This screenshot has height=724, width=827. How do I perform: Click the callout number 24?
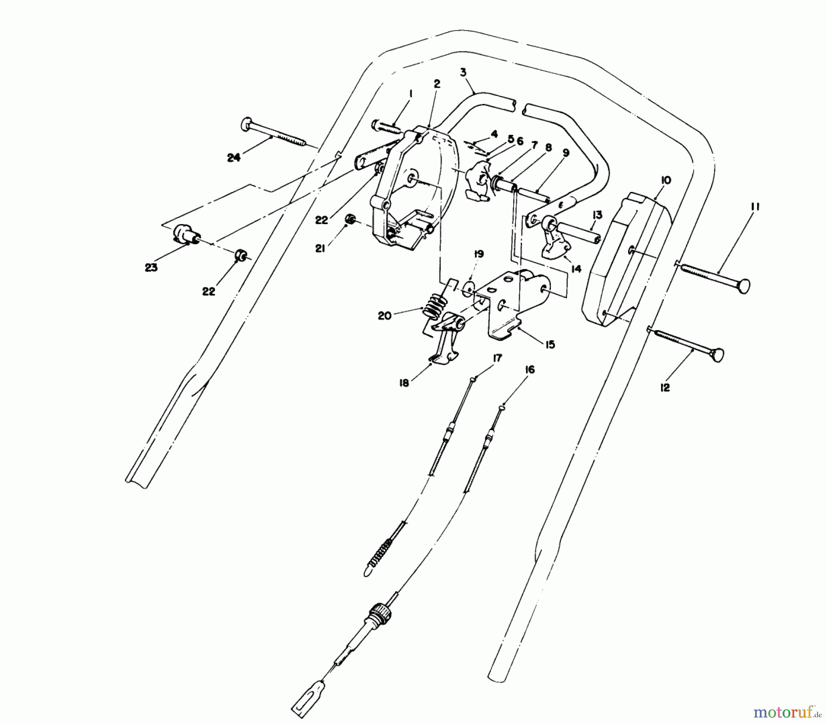pos(233,157)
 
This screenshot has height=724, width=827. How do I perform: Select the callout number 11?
pos(755,207)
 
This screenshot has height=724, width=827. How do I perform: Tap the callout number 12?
pos(665,387)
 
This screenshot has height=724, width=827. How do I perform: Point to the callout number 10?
pos(666,180)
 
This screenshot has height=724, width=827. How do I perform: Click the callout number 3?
pos(463,72)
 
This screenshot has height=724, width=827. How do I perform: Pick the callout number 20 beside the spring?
pos(385,316)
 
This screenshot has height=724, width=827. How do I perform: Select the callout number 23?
pos(151,267)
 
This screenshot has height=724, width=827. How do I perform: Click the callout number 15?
pos(550,344)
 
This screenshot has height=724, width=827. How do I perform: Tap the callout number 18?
pos(404,382)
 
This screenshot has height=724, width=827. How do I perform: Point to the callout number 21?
pos(320,248)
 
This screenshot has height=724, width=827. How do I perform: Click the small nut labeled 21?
pos(350,221)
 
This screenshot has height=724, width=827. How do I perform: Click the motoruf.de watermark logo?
pos(787,712)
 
